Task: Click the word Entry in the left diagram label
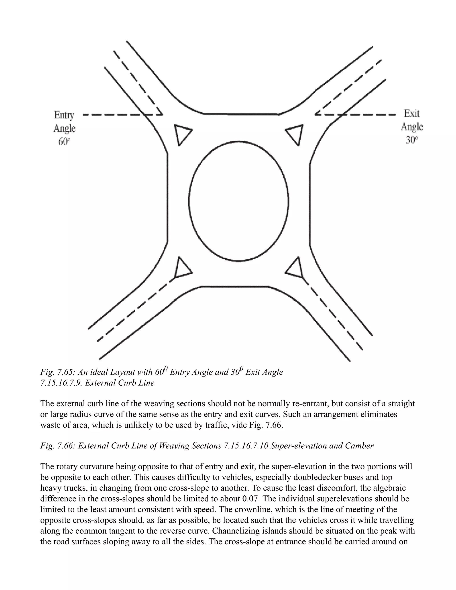64,115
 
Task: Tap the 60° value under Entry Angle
64,141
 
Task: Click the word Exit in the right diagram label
412,114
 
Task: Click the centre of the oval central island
238,201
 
